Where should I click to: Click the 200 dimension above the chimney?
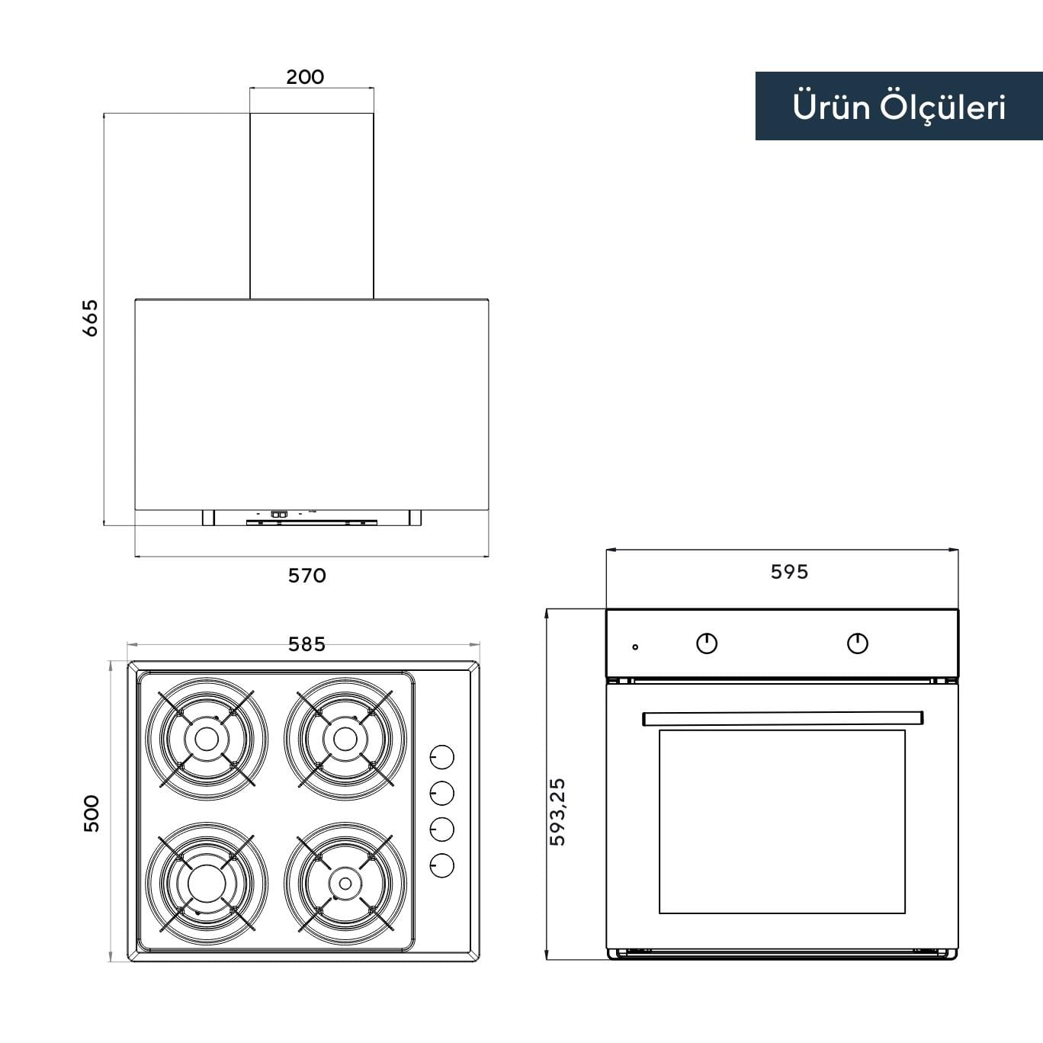pyautogui.click(x=305, y=77)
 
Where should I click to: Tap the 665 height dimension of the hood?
pyautogui.click(x=90, y=318)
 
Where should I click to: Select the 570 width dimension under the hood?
pyautogui.click(x=307, y=576)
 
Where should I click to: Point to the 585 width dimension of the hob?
pyautogui.click(x=306, y=644)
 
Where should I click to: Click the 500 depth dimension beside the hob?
pyautogui.click(x=91, y=814)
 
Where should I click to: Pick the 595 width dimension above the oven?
pyautogui.click(x=789, y=572)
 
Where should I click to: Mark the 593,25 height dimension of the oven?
pyautogui.click(x=557, y=812)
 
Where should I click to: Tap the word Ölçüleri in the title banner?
pyautogui.click(x=943, y=108)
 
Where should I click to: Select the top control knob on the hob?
pyautogui.click(x=441, y=756)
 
